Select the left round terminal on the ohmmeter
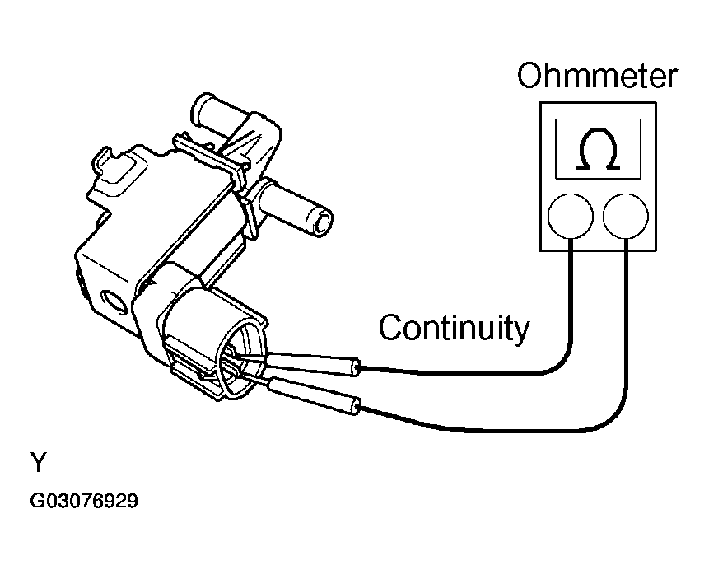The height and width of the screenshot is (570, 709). click(571, 216)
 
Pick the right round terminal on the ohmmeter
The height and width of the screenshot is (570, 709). click(626, 216)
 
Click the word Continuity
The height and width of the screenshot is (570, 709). click(454, 328)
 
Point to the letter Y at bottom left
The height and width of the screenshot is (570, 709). click(38, 464)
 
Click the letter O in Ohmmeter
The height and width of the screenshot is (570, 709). click(530, 76)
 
